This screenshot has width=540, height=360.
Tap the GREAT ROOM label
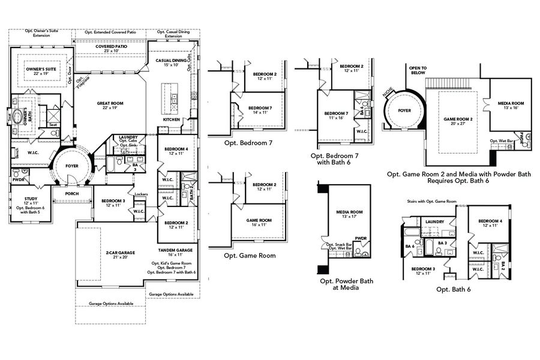[110, 103]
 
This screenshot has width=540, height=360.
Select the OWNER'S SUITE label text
[41, 70]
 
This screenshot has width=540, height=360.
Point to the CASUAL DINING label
[167, 61]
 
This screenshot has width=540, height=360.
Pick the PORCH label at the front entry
[71, 194]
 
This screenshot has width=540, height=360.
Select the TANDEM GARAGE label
[175, 250]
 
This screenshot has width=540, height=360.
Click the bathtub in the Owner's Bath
[13, 116]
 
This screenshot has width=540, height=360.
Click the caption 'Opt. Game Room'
[250, 255]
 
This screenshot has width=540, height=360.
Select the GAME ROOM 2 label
[458, 119]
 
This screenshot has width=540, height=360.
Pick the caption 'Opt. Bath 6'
[454, 289]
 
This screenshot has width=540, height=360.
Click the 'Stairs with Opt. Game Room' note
[432, 201]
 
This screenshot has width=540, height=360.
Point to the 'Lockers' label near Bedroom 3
[142, 194]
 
